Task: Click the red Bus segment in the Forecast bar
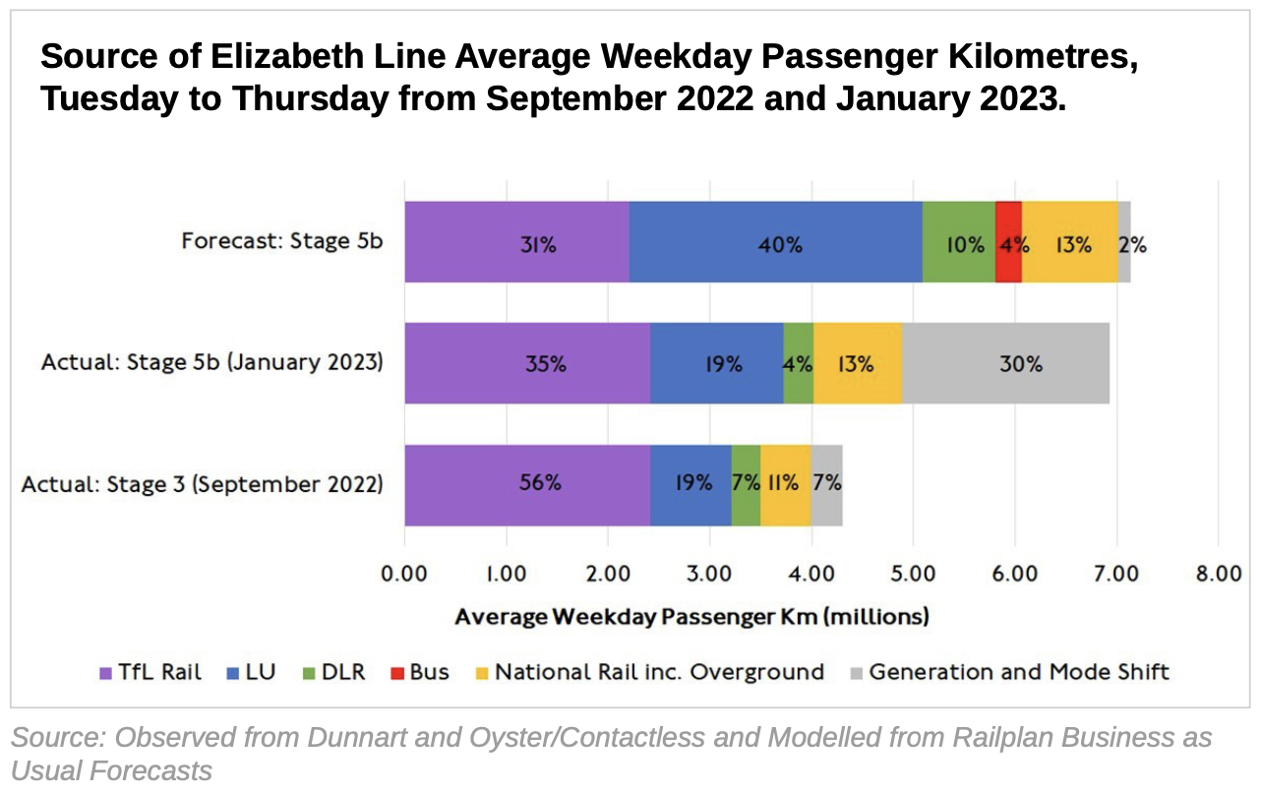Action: pos(1008,242)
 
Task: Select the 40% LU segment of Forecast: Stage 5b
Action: pos(775,242)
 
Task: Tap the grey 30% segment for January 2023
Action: pos(1005,363)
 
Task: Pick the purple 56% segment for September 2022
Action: pos(526,484)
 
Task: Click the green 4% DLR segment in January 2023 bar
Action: pos(798,363)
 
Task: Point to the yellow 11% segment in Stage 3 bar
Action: pos(785,484)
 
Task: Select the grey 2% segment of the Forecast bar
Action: pos(1123,242)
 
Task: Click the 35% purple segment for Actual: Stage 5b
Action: pos(526,363)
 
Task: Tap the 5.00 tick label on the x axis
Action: pos(912,574)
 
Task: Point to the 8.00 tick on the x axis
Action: pos(1218,574)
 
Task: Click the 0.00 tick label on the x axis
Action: pos(404,574)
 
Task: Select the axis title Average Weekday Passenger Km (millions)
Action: pos(691,618)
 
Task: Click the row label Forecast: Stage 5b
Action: pos(281,242)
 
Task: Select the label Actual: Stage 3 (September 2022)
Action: pos(202,484)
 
